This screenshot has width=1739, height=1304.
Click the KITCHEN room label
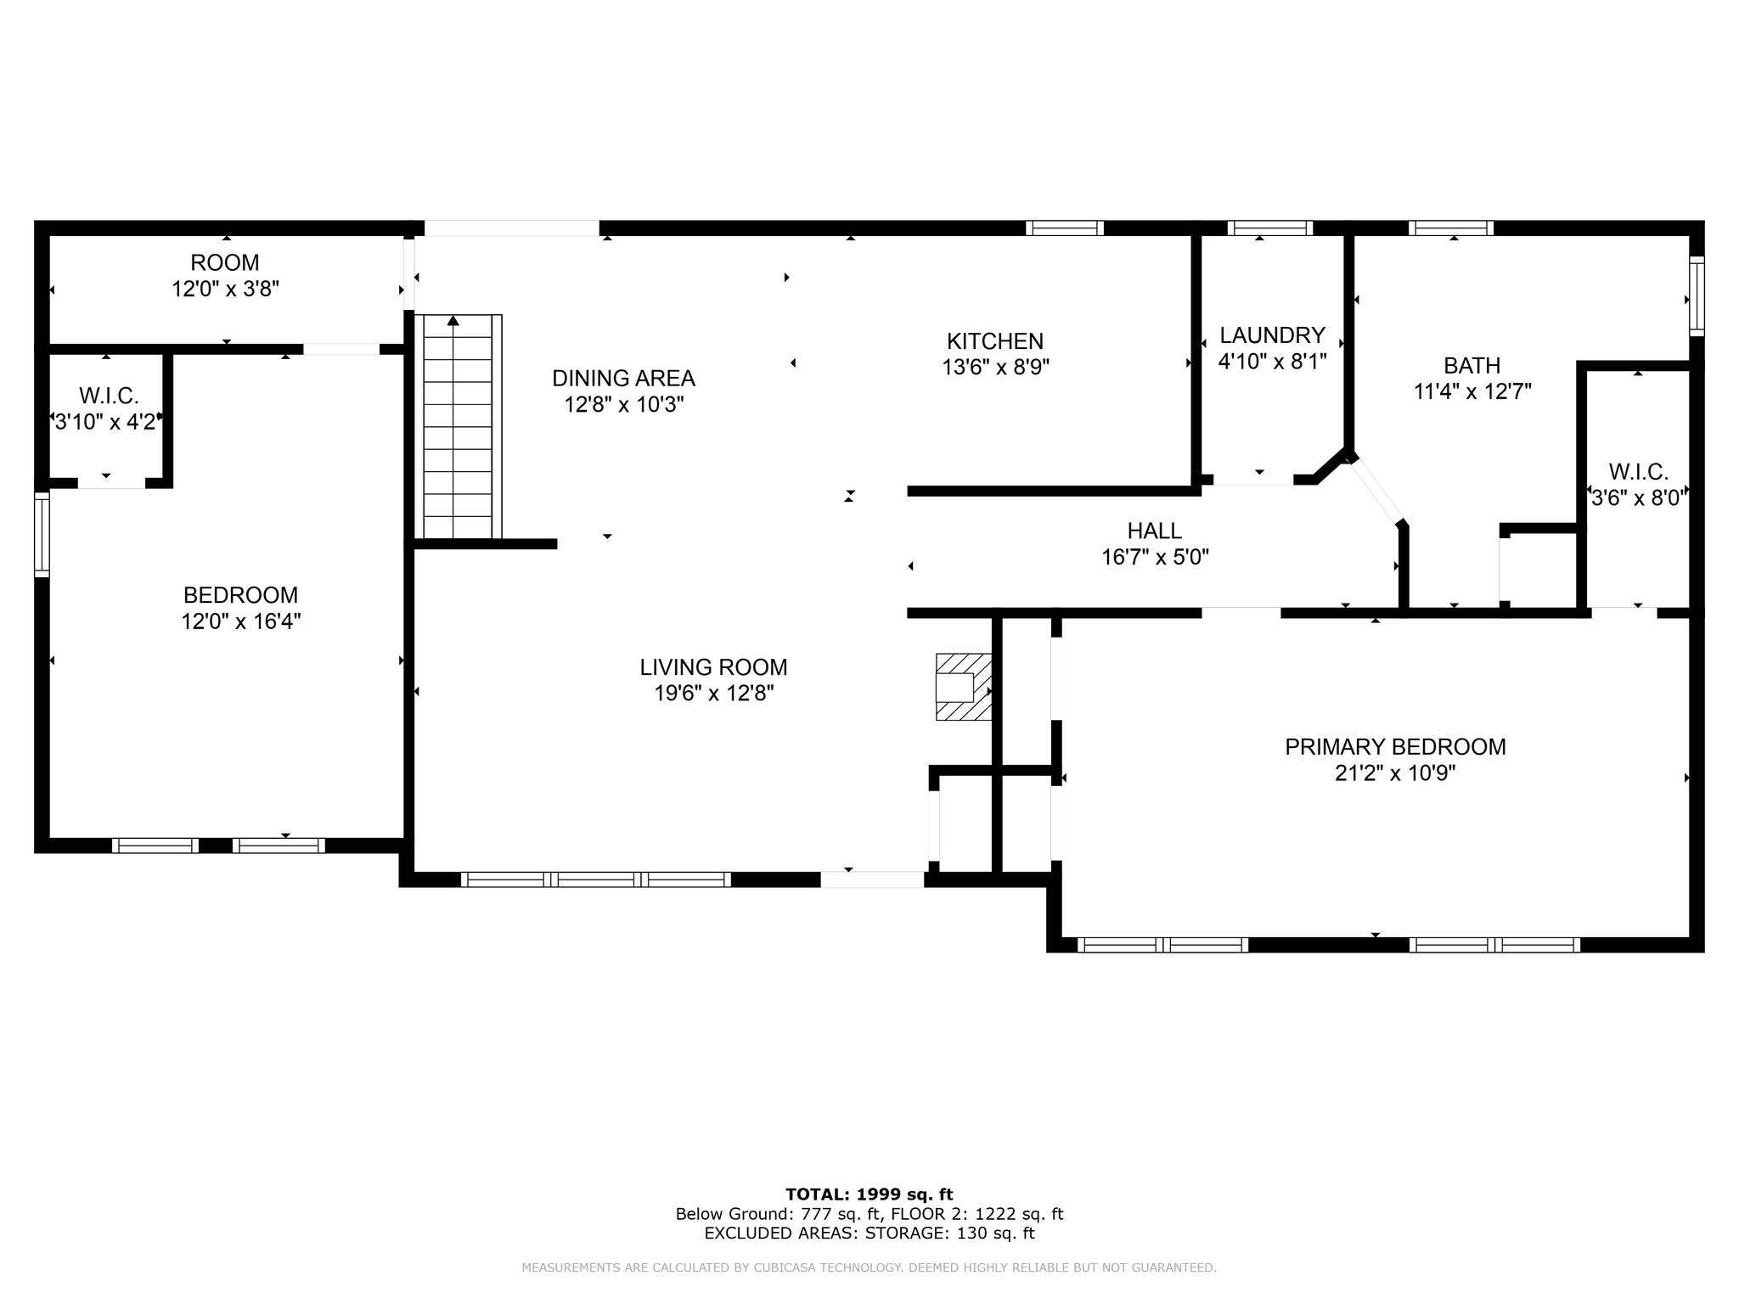pos(995,341)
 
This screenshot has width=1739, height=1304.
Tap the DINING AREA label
pos(623,378)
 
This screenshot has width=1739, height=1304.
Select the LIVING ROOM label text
pos(713,667)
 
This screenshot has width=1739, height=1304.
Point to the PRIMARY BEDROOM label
pos(1395,747)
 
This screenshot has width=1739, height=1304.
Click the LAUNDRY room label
pos(1272,334)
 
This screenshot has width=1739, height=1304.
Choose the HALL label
pos(1155,531)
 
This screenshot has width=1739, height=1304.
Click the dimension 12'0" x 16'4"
pos(241,621)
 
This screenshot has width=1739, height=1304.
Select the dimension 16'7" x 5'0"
pos(1155,558)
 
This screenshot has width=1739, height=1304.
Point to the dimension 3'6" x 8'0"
pos(1638,498)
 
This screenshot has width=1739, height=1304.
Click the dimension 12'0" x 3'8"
pos(225,289)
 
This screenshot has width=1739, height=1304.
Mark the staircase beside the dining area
pos(459,426)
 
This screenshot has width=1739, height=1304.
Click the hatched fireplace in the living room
pos(964,687)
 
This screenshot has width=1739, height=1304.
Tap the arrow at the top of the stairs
pos(453,320)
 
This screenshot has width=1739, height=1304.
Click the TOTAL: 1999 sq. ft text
pos(869,1195)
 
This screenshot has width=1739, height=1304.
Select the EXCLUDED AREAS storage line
pos(869,1234)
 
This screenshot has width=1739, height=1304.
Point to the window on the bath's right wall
pos(1697,296)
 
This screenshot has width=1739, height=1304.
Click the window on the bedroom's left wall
pos(42,534)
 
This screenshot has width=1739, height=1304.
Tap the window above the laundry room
pos(1270,228)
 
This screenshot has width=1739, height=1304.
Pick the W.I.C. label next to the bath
pos(1638,472)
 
